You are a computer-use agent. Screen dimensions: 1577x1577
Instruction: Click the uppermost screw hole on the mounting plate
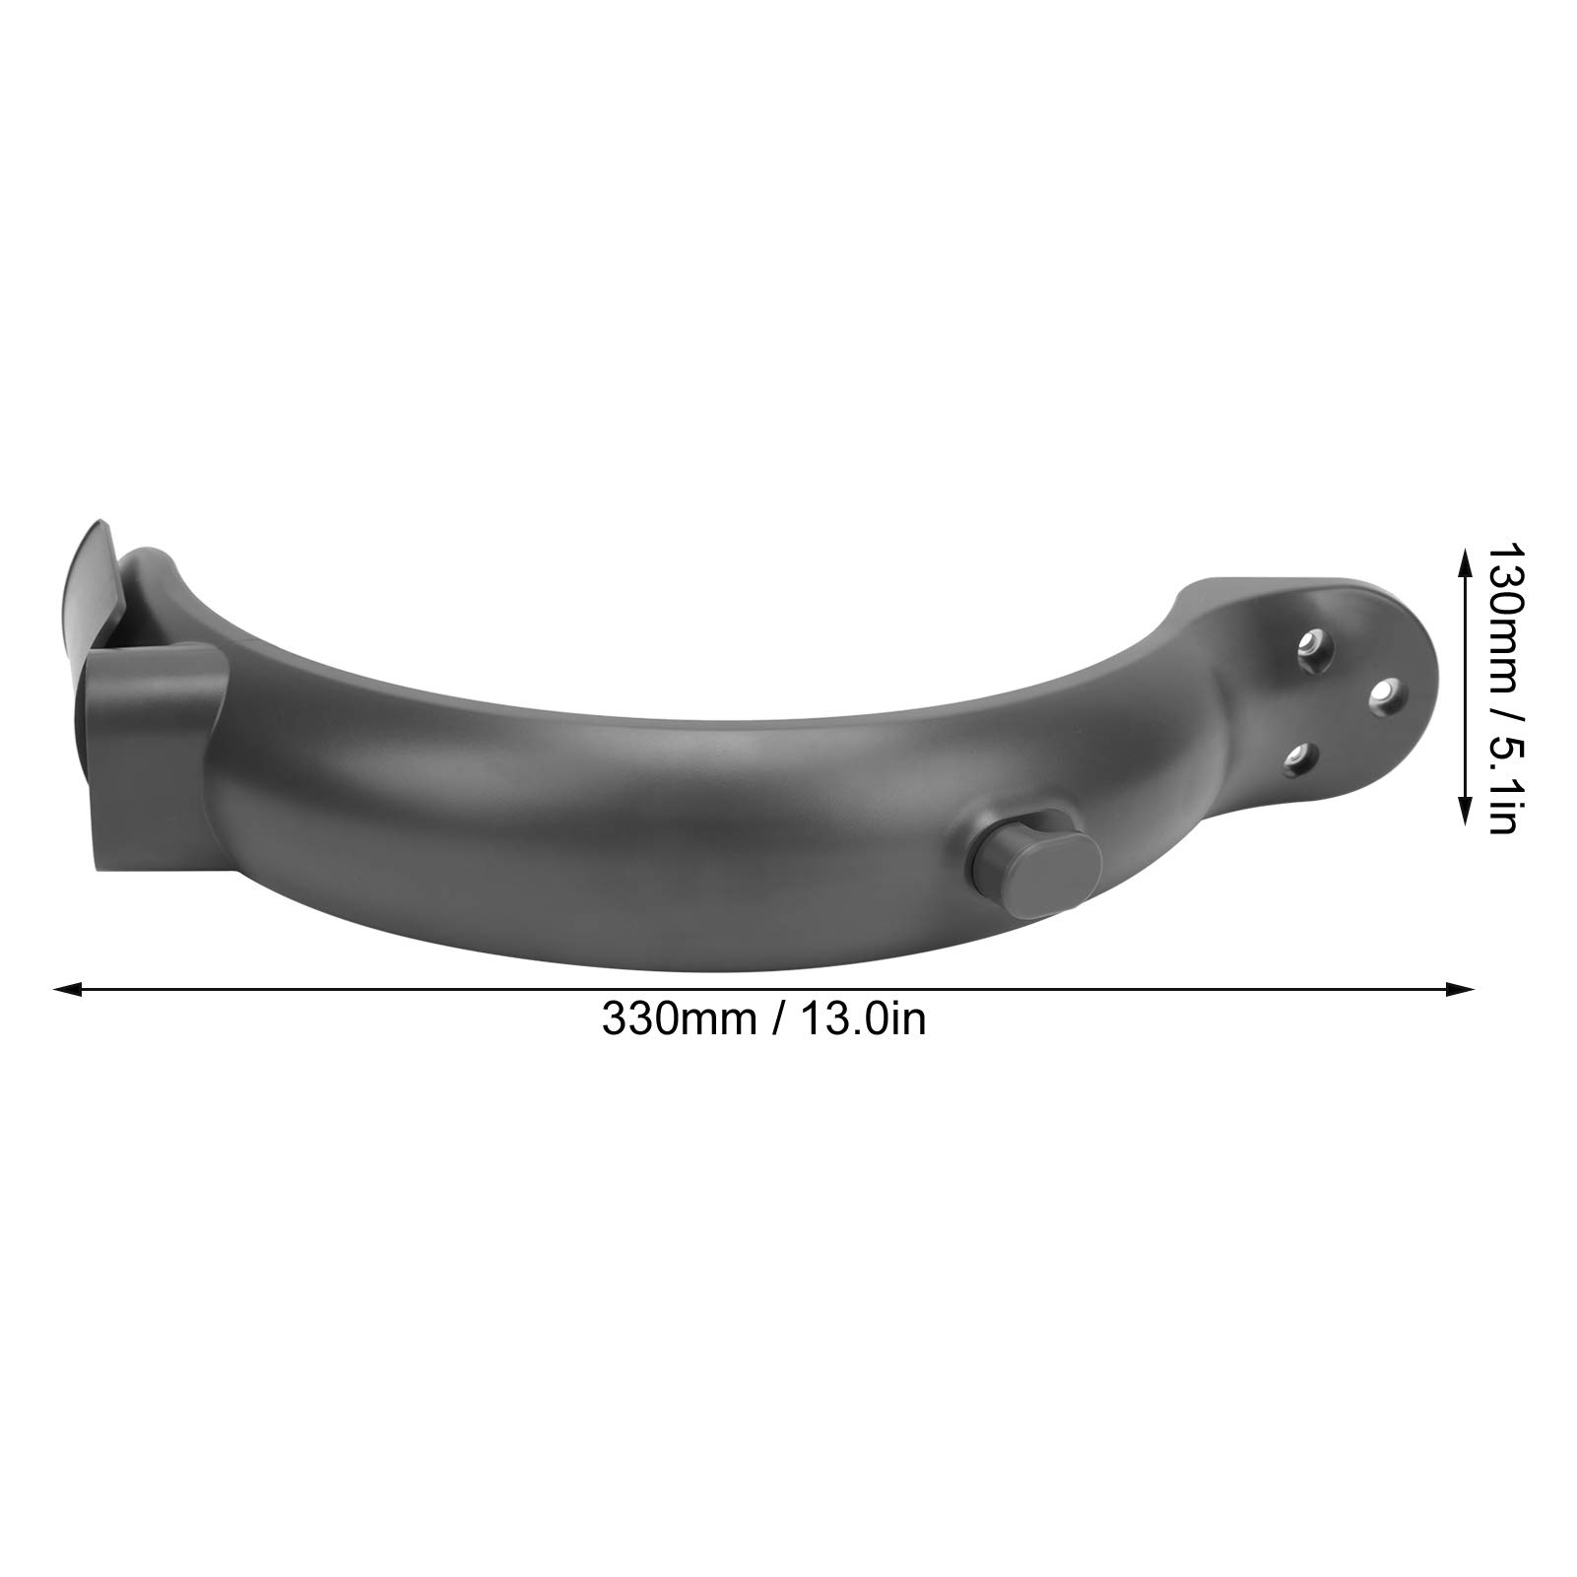[1310, 642]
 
